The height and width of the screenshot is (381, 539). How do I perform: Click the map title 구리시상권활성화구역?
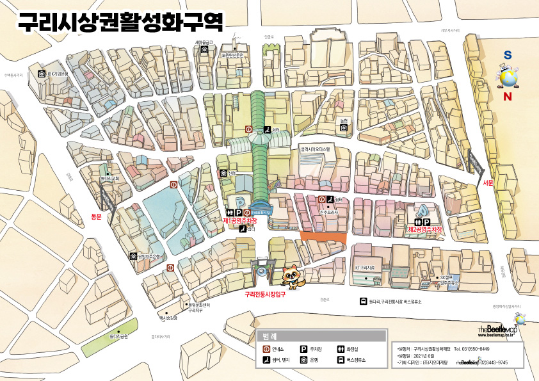tap(120, 22)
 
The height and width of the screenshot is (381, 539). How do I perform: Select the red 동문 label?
tap(97, 216)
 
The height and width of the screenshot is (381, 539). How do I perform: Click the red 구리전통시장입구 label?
tap(264, 295)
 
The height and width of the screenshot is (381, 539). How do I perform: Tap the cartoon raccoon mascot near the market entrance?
tap(293, 275)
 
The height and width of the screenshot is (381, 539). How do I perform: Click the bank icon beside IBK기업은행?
tap(42, 74)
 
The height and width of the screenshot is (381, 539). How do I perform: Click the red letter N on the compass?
tap(508, 97)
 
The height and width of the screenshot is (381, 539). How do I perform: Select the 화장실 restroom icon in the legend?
tap(341, 349)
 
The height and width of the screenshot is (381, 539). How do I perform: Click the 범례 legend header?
tap(269, 336)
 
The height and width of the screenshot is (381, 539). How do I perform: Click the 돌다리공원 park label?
tap(118, 336)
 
